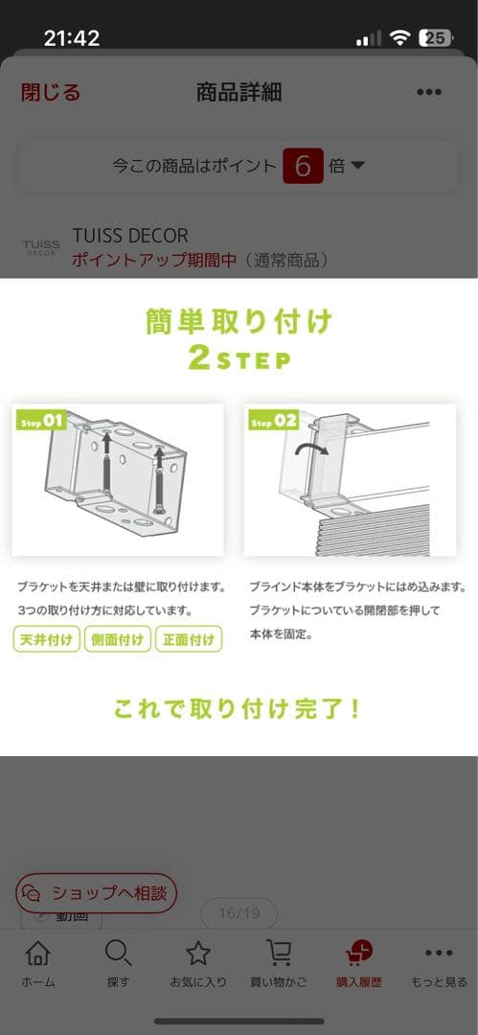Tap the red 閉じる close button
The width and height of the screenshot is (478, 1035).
[x=51, y=93]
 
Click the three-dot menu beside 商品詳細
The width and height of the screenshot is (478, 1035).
[x=429, y=93]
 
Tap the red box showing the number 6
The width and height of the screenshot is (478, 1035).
[x=303, y=166]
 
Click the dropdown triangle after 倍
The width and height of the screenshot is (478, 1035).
[x=358, y=166]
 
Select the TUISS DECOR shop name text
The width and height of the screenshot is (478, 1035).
[x=130, y=236]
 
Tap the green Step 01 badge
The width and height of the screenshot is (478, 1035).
[x=41, y=420]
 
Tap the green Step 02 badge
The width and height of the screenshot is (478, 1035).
[x=273, y=420]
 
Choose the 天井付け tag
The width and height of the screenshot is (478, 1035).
[x=47, y=639]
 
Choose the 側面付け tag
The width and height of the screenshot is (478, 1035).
[x=118, y=639]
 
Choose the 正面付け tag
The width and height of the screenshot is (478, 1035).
[x=189, y=639]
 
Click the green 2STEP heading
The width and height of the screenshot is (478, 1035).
[x=239, y=360]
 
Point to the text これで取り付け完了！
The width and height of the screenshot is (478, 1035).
[x=239, y=709]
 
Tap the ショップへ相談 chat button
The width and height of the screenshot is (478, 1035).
[x=97, y=893]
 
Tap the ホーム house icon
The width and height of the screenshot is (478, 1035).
[x=37, y=954]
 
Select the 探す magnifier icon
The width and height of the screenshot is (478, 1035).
[x=118, y=954]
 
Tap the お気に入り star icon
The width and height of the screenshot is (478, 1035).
[x=198, y=954]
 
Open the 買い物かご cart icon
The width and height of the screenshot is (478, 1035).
[x=279, y=954]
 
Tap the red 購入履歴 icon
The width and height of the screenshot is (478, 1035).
[x=359, y=954]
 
